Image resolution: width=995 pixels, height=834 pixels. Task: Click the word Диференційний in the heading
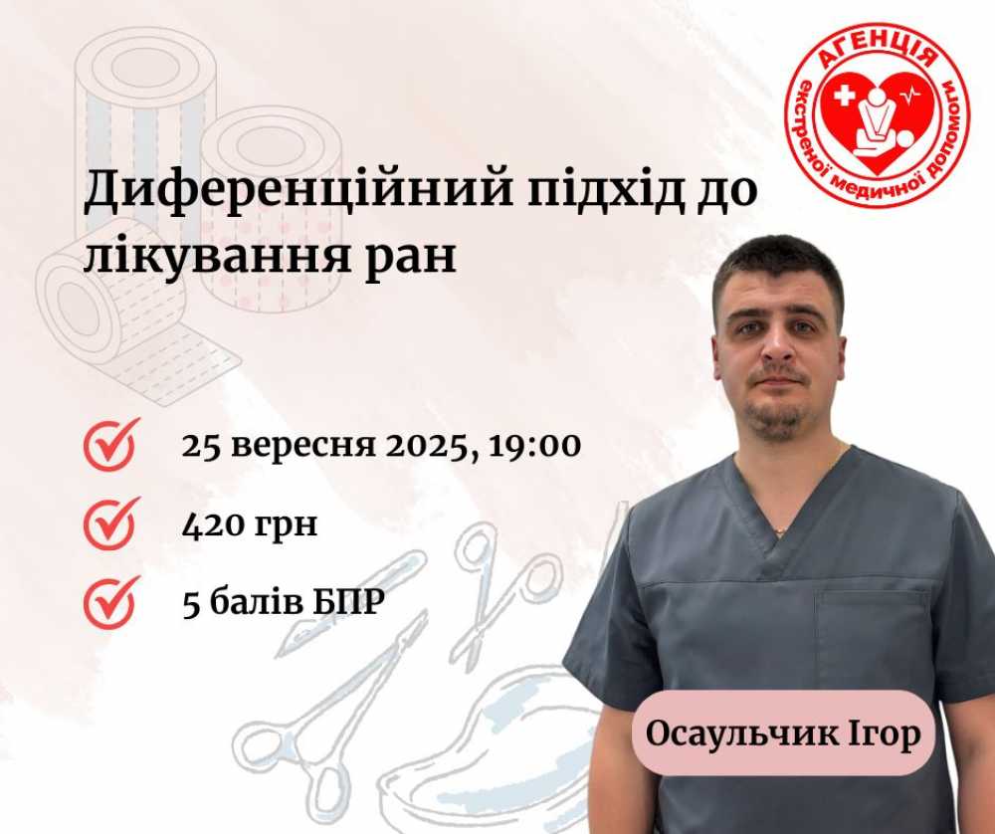(x=298, y=188)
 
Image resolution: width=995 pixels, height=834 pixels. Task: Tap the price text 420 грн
(x=250, y=524)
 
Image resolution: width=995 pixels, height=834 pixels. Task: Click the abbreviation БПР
(x=348, y=602)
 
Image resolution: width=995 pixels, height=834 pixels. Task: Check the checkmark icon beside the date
(x=110, y=445)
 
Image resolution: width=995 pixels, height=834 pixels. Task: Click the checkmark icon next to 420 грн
(x=110, y=523)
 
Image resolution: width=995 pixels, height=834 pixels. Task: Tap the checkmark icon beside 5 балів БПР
(x=110, y=602)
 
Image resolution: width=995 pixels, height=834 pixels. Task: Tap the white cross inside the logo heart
(x=844, y=97)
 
